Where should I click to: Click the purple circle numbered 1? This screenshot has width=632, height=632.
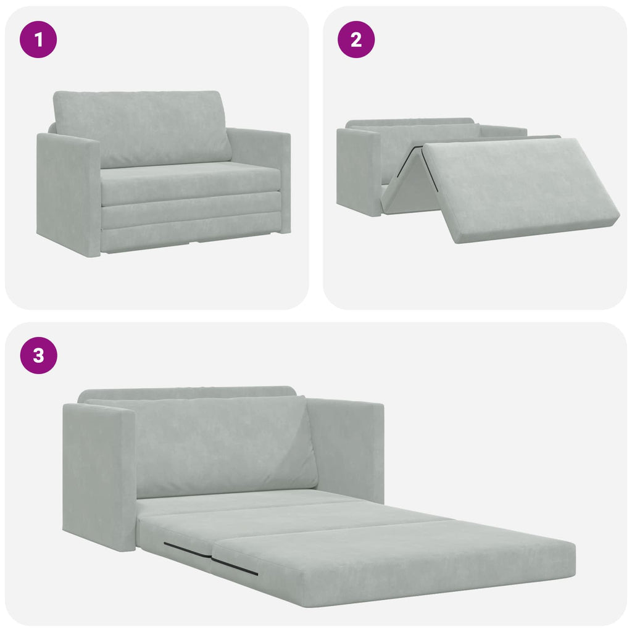tap(38, 39)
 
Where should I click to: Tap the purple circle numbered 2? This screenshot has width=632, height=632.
tap(356, 39)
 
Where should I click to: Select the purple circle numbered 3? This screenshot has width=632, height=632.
tap(38, 355)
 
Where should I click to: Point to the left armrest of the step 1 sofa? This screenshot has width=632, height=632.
tap(68, 194)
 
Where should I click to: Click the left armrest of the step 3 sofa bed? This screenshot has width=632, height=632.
tap(99, 475)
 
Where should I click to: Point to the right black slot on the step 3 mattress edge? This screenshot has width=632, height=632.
tap(235, 567)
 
